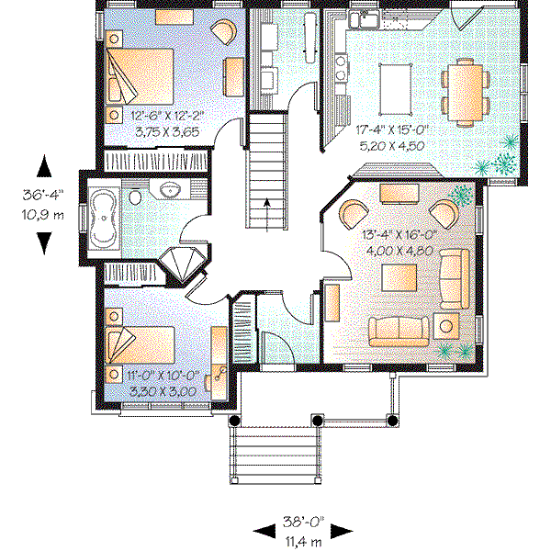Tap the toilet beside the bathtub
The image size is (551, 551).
(134, 197)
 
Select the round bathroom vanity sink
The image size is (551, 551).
(169, 190)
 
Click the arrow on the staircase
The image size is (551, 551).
(267, 206)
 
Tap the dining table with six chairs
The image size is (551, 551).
(464, 91)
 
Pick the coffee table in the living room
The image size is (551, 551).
(399, 275)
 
